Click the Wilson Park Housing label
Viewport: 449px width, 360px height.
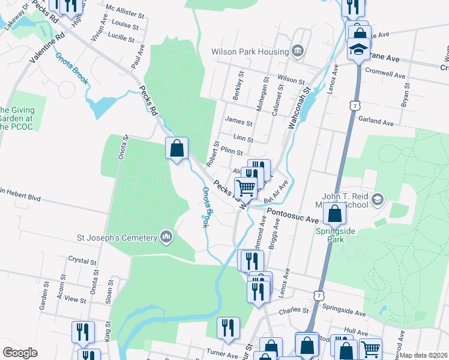[249, 52]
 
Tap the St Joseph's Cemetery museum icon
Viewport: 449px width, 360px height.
[166, 238]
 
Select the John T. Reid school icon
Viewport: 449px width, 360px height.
[378, 199]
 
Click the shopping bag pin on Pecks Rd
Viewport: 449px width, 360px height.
[177, 148]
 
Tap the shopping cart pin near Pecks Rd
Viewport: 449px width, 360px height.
[246, 188]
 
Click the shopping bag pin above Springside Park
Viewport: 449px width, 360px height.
[336, 213]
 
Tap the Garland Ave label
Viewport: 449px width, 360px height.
[376, 122]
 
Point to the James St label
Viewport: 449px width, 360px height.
[238, 121]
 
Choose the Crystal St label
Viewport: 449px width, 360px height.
[82, 261]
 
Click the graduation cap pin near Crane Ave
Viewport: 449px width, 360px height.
[359, 49]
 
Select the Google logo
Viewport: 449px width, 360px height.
[20, 353]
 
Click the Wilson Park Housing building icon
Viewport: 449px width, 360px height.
[297, 51]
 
